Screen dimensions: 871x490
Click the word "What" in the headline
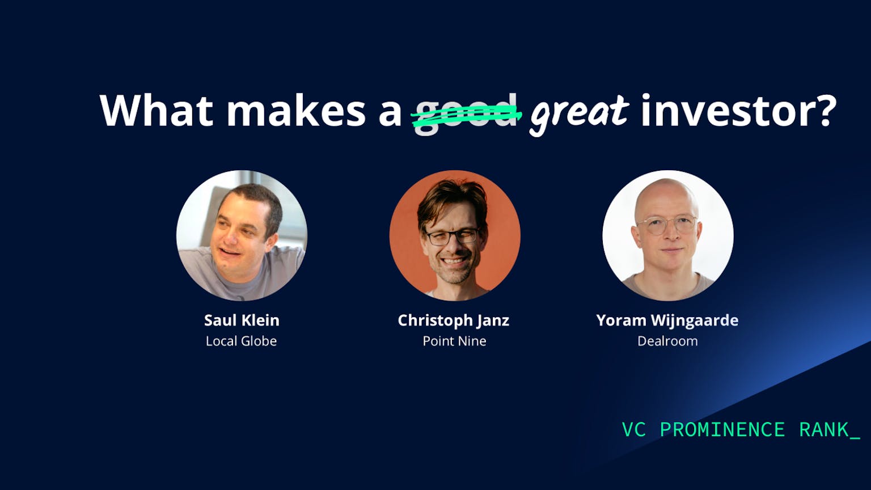tap(157, 110)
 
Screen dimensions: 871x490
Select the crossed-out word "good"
tap(466, 113)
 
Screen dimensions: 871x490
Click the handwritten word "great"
tap(580, 115)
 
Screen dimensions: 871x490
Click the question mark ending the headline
tap(825, 110)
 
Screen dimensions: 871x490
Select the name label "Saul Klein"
tap(242, 320)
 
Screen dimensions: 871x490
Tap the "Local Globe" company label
tap(241, 341)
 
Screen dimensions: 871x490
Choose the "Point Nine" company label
tap(454, 341)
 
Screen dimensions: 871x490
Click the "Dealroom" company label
tap(667, 341)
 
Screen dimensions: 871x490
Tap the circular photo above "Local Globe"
tap(242, 235)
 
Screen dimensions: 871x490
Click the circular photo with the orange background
tap(455, 235)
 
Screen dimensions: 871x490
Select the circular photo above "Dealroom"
tap(668, 235)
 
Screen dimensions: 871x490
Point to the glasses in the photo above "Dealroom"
tap(666, 225)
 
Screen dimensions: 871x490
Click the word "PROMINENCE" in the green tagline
tap(722, 430)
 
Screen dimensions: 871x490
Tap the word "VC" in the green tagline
tap(633, 430)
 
